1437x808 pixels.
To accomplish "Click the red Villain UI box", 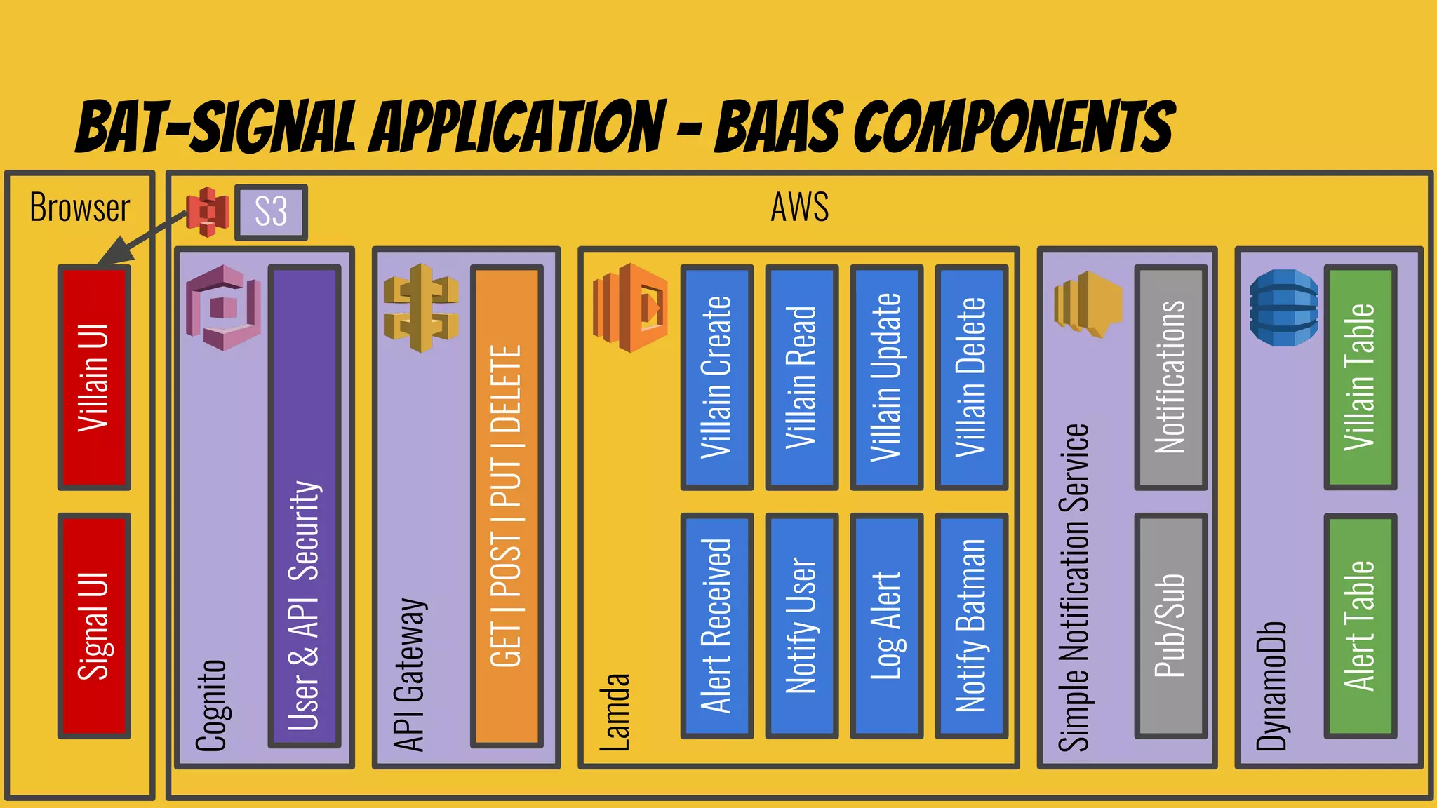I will (94, 377).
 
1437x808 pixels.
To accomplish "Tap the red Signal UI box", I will (94, 626).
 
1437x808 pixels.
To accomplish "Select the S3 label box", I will (271, 212).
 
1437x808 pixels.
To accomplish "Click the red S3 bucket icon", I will (208, 211).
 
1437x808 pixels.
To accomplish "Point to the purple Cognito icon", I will (223, 307).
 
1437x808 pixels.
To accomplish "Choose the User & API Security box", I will (305, 505).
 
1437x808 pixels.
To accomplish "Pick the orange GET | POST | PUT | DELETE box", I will (507, 505).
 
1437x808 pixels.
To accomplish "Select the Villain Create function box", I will (716, 377).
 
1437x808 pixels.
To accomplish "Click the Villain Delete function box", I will (971, 377).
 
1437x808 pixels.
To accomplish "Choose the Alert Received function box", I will (716, 626).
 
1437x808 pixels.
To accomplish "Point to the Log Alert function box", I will (886, 626).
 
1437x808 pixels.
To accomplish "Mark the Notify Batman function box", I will (971, 626).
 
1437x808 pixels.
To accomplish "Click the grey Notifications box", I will (1170, 377).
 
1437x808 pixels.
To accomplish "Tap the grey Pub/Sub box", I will (1170, 626).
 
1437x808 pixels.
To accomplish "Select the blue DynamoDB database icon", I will (1284, 309).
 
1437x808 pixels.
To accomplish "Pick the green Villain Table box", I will (1360, 377).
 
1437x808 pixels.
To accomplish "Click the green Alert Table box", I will (1360, 626).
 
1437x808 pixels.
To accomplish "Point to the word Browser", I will (80, 208).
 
